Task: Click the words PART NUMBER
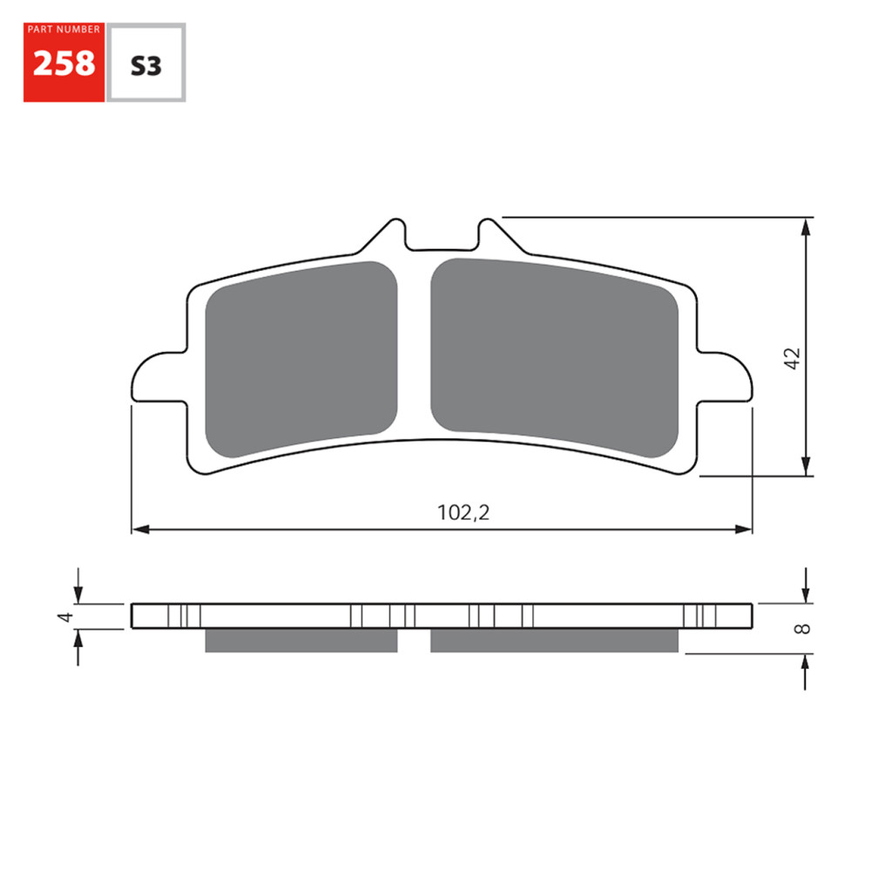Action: [64, 30]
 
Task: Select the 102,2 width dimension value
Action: [463, 513]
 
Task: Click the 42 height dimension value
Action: [792, 359]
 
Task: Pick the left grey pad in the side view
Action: [300, 640]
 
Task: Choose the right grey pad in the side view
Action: [554, 640]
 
